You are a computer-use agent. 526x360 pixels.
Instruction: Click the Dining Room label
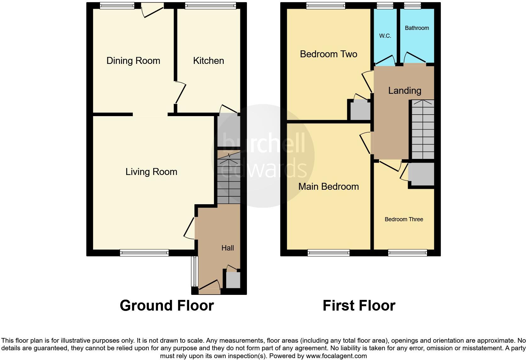coord(133,61)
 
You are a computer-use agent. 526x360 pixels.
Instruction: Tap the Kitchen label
coord(208,61)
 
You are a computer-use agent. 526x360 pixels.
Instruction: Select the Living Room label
coord(151,172)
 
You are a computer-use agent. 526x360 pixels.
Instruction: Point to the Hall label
coord(227,248)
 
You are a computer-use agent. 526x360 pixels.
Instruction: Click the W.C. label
coord(385,36)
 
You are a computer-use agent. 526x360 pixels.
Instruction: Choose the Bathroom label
coord(417,28)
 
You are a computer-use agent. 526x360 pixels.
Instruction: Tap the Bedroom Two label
coord(328,54)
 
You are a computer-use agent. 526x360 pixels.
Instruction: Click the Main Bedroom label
coord(328,187)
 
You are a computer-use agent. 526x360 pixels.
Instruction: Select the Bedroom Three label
coord(404,219)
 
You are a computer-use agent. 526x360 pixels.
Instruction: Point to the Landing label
coord(405,91)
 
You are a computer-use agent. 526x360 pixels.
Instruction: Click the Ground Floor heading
coord(167,306)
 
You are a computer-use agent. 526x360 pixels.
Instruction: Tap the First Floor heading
coord(359,306)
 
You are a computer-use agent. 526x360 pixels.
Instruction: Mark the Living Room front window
coord(144,252)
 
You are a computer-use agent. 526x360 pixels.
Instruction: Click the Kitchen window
coord(210,5)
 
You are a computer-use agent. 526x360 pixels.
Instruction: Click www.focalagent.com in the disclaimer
coord(336,356)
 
